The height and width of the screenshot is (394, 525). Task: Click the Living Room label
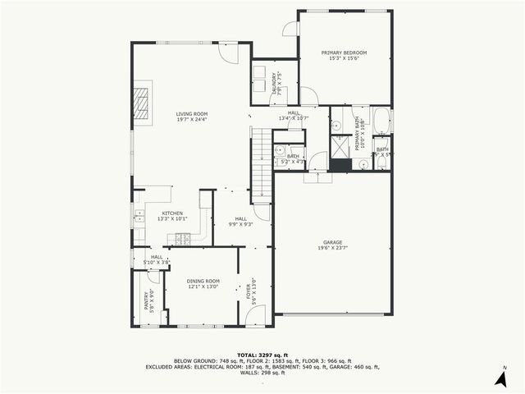[191, 114]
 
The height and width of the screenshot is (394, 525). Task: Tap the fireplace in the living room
[142, 102]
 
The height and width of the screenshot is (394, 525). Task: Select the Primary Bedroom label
[344, 53]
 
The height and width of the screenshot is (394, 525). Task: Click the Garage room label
[332, 242]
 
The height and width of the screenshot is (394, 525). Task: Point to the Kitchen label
[172, 213]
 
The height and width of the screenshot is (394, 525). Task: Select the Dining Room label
[202, 281]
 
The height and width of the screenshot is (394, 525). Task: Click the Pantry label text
[147, 303]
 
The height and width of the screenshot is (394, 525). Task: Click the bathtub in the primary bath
[383, 121]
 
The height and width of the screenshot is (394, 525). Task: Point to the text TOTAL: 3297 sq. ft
[262, 354]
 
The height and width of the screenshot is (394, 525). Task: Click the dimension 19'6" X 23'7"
[332, 248]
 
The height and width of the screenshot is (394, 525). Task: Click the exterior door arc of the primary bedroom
[290, 28]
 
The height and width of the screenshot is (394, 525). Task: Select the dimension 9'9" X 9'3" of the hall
[240, 223]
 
